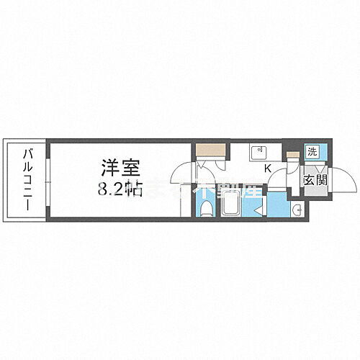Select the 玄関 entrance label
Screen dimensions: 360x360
point(314,179)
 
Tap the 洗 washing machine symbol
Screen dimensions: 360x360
point(312,152)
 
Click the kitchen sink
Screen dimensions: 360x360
point(258,153)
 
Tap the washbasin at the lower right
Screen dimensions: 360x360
point(297,209)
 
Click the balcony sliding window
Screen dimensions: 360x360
point(48,180)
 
